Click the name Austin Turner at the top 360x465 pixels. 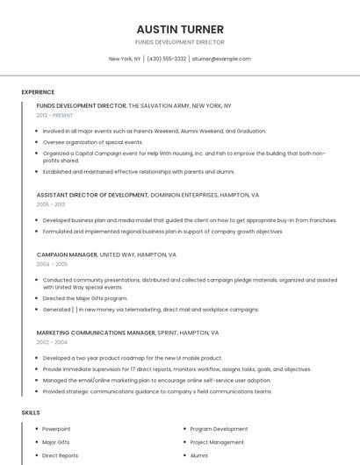tap(180, 29)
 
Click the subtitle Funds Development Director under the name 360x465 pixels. tap(180, 42)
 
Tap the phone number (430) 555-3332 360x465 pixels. tap(167, 59)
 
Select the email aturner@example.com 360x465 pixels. tap(221, 59)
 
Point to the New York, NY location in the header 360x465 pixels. tap(125, 59)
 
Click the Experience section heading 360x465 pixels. tap(38, 92)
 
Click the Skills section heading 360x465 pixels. tap(31, 412)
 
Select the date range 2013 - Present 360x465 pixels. tap(54, 115)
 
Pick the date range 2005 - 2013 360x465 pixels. tap(51, 204)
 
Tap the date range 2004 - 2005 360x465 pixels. tap(52, 264)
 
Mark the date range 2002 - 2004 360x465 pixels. tap(52, 342)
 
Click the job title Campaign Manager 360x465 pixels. tap(67, 254)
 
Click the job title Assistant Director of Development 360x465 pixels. tap(92, 194)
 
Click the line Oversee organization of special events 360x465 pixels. tap(92, 141)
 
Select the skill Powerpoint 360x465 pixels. tap(55, 429)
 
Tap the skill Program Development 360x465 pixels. tap(219, 429)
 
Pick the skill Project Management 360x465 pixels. tap(217, 442)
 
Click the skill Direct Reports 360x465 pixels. tap(60, 455)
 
